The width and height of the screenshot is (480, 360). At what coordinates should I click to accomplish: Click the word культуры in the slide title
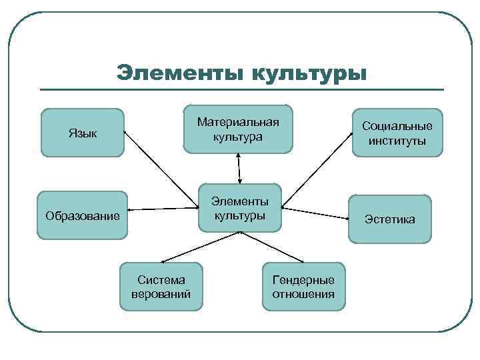coord(309,72)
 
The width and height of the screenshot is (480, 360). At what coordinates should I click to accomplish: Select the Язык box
coord(83,133)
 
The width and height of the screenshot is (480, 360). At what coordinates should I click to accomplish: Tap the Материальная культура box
coord(238,129)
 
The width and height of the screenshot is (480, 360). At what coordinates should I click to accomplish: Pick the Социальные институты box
coord(397,133)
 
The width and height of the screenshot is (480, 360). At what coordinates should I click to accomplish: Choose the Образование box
coord(83,215)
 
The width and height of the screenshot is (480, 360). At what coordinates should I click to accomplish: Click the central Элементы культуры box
coord(240,208)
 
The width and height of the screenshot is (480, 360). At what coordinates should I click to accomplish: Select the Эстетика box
coord(390,219)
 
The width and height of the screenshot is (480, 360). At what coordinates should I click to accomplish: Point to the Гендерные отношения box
coord(303,287)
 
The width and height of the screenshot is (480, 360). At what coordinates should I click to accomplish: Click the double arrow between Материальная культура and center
coord(238,167)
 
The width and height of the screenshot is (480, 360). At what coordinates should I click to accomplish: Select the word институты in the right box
coord(397,141)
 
